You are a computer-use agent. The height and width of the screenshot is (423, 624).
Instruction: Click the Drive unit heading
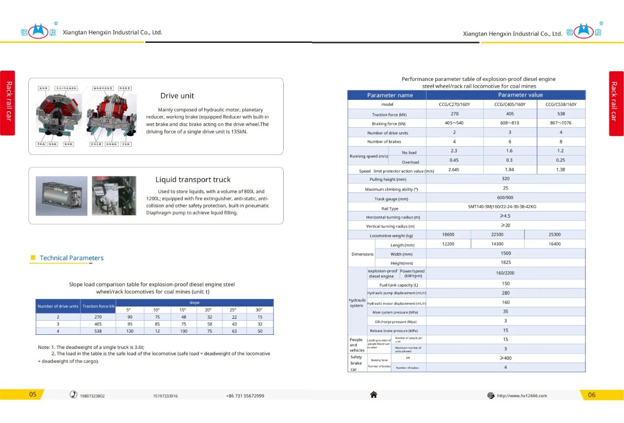(177, 96)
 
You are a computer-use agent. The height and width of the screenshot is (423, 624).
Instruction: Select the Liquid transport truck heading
(193, 180)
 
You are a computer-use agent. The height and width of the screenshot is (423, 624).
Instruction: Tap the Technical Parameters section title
(72, 258)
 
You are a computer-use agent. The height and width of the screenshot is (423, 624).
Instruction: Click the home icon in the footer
(373, 395)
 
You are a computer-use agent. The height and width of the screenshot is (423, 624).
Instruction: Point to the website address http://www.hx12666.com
(522, 396)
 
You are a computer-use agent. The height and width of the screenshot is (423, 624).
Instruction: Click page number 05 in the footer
(33, 395)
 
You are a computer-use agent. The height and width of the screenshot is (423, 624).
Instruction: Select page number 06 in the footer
(591, 395)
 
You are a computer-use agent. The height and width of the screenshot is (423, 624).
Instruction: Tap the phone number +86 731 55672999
(245, 396)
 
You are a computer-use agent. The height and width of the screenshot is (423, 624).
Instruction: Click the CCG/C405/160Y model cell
(510, 104)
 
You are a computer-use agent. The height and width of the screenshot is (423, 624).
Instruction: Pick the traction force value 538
(561, 114)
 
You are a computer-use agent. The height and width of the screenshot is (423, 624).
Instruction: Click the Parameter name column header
(390, 95)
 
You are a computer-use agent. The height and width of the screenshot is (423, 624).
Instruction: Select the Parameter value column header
(520, 95)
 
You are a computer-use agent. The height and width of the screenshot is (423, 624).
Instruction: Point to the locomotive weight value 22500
(497, 234)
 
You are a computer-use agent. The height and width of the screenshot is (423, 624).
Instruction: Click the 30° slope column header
(258, 309)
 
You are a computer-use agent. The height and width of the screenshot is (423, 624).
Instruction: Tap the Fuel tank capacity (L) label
(399, 285)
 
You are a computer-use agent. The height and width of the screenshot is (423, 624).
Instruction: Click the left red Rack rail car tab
(8, 103)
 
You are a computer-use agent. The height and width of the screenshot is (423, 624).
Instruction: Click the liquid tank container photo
(61, 196)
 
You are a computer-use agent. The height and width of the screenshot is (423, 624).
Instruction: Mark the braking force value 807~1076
(561, 123)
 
